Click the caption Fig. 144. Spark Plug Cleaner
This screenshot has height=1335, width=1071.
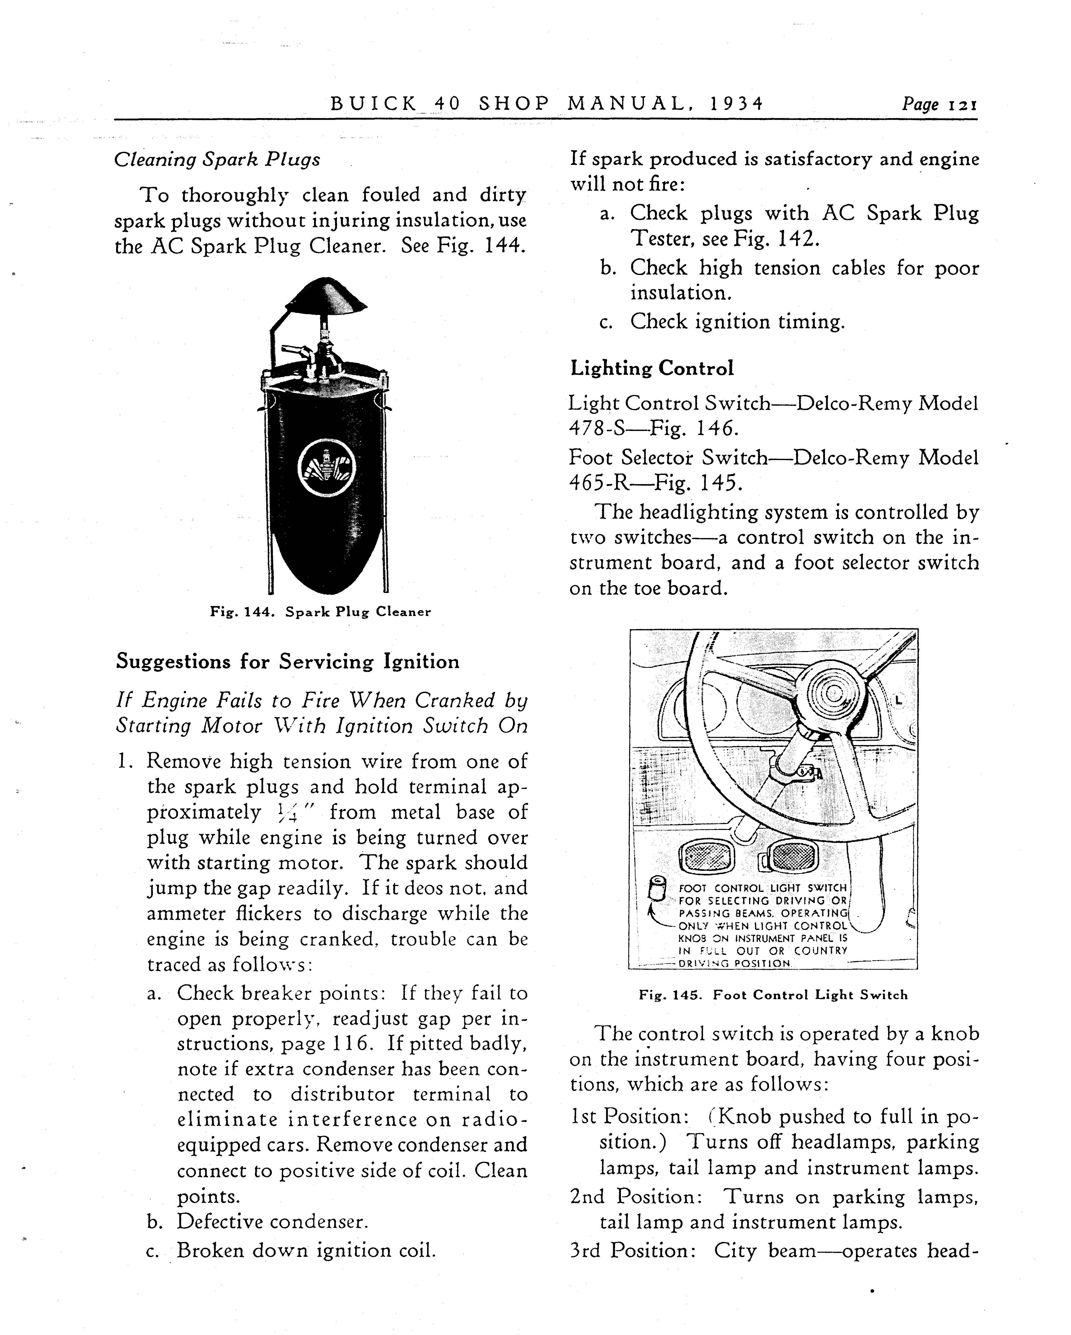coord(320,612)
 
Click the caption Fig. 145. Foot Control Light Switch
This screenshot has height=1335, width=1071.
coord(773,995)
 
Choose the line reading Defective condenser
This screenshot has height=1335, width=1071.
coord(273,1222)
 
